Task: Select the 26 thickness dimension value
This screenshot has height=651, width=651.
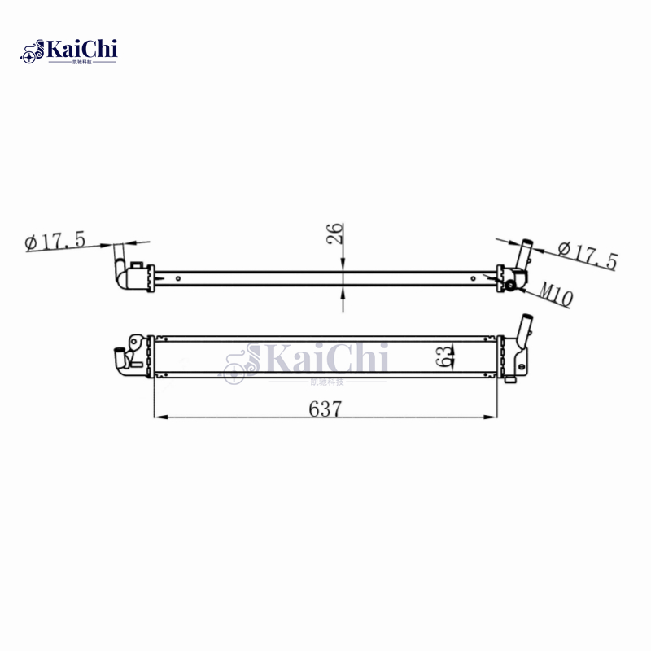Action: point(335,234)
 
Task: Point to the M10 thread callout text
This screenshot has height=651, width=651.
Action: point(555,295)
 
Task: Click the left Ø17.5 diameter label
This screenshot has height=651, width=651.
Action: point(55,242)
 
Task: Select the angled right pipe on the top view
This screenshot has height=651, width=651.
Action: point(523,254)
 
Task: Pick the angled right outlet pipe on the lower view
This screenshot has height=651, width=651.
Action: point(523,334)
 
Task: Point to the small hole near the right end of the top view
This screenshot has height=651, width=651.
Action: point(473,277)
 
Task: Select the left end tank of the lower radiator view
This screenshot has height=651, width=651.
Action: point(145,356)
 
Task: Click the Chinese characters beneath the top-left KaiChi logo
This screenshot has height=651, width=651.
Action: point(81,62)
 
